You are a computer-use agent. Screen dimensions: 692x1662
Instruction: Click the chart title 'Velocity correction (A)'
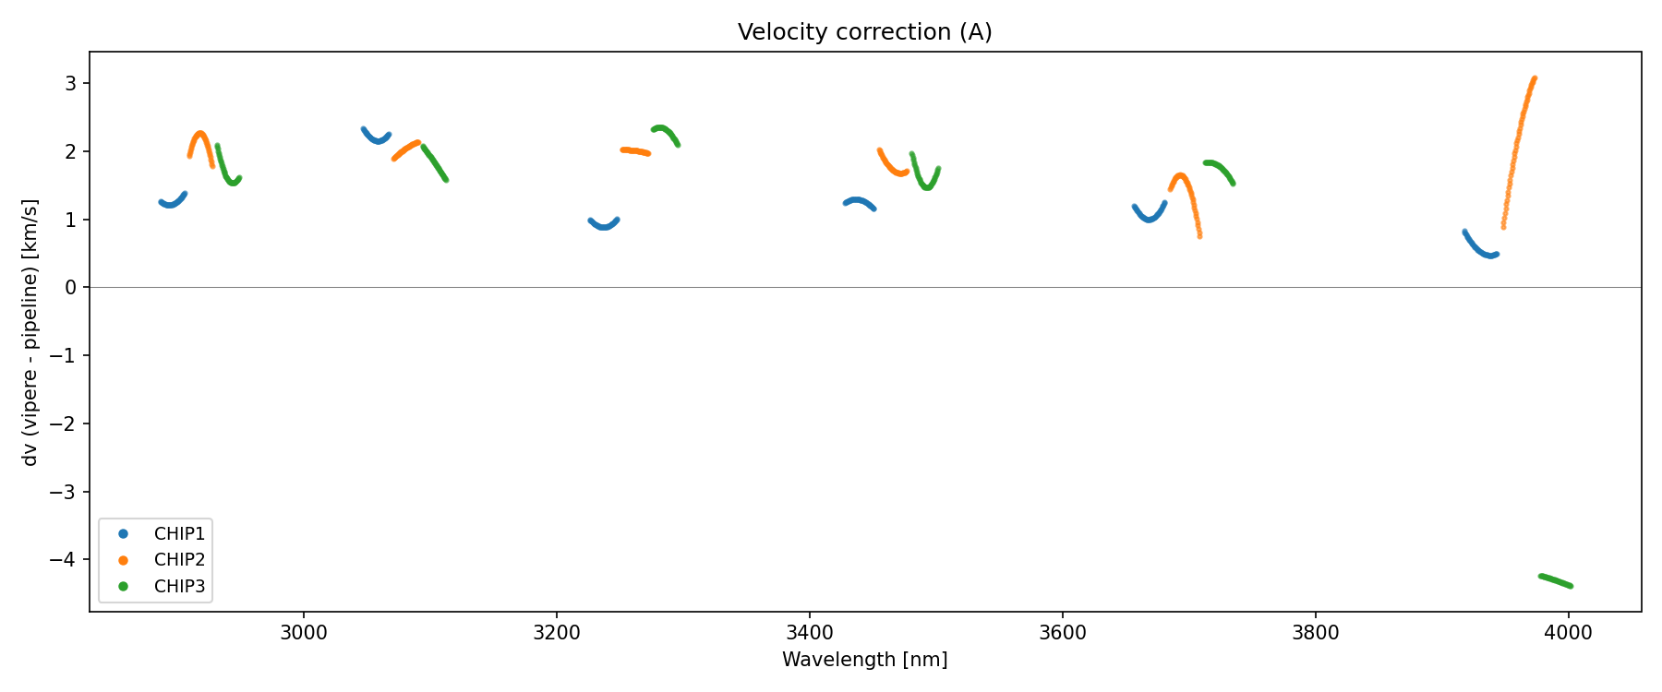coord(864,32)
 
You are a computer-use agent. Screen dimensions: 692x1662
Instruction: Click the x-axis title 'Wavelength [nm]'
coord(864,660)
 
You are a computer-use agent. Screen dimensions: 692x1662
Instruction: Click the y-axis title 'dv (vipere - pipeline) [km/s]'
coord(30,332)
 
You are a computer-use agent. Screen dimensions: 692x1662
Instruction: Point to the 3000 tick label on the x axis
coord(304,633)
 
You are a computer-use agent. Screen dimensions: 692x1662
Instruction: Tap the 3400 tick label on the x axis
coord(809,633)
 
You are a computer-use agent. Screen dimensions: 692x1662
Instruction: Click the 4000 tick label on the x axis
coord(1568,633)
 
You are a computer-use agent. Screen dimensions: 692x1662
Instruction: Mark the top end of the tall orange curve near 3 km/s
coord(1534,79)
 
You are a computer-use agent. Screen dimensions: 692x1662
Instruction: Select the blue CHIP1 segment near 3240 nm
coord(603,225)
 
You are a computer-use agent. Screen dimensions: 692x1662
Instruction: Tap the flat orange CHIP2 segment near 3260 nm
coord(635,151)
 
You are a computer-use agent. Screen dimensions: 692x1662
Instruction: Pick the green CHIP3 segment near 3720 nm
coord(1220,168)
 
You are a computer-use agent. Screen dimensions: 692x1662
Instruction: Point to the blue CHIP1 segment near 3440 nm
coord(859,201)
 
